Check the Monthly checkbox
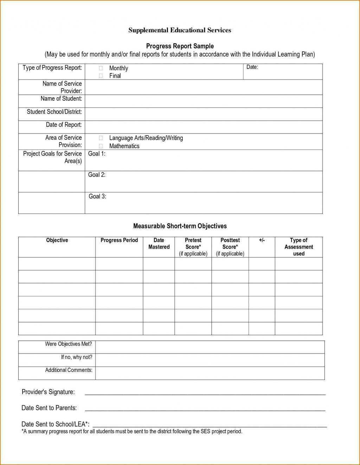tap(101, 68)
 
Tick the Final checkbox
tap(101, 76)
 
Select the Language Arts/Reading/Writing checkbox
tap(101, 138)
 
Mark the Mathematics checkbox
tap(101, 146)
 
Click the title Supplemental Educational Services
tap(180, 30)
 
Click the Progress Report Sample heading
tap(180, 46)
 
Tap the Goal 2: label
tap(97, 175)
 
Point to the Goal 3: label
tap(97, 196)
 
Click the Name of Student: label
tap(61, 99)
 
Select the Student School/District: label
tap(54, 112)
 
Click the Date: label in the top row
tap(252, 67)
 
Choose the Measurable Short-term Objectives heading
tap(180, 226)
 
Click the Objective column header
tap(57, 240)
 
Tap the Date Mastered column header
tap(159, 243)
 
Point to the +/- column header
tap(262, 240)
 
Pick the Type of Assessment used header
tap(298, 247)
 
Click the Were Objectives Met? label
tap(68, 344)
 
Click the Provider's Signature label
tap(48, 392)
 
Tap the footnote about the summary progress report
tap(132, 431)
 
